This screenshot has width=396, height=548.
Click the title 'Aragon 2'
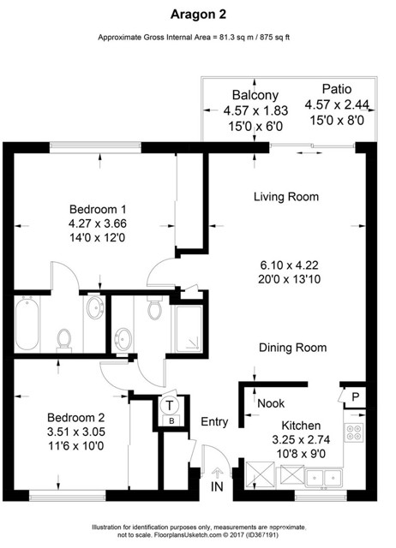pyautogui.click(x=197, y=13)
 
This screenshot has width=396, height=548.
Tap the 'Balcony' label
pyautogui.click(x=254, y=94)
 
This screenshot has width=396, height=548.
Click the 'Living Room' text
pyautogui.click(x=285, y=197)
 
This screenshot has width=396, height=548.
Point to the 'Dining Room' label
pyautogui.click(x=293, y=348)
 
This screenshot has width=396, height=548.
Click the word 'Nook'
pyautogui.click(x=271, y=402)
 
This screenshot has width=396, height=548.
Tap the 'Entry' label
pyautogui.click(x=214, y=422)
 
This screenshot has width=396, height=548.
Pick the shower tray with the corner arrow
pyautogui.click(x=188, y=327)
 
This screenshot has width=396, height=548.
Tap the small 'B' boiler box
pyautogui.click(x=171, y=422)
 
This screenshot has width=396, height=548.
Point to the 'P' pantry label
pyautogui.click(x=354, y=396)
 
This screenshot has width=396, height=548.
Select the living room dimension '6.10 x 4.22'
pyautogui.click(x=285, y=264)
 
